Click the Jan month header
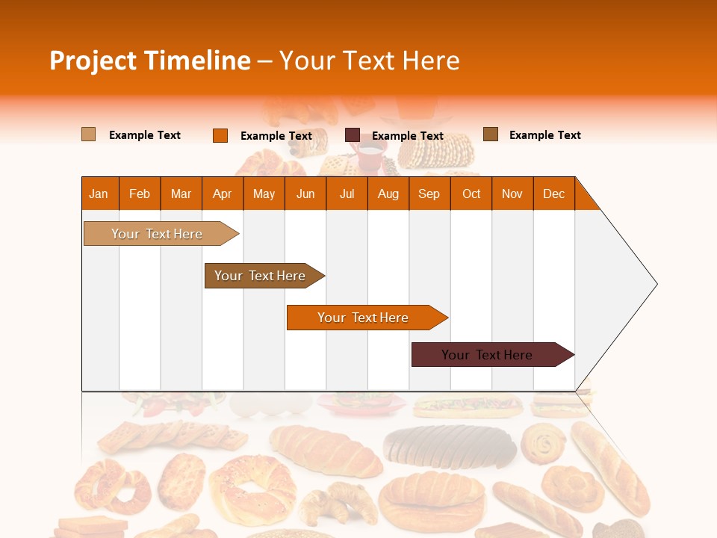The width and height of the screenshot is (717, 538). pos(99,194)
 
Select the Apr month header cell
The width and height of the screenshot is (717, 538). pos(222,194)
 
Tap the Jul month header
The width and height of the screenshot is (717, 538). pos(347,194)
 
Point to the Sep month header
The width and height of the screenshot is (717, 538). pos(429,194)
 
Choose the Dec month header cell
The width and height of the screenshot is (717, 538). pos(553,194)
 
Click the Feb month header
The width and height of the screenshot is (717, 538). pos(140,194)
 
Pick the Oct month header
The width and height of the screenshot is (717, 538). pos(471,194)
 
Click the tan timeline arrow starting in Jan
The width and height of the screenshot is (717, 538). pos(157,234)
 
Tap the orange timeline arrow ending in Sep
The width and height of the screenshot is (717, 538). pos(363,318)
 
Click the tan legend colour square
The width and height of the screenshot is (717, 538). pos(89,134)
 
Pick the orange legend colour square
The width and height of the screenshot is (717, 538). pos(220,135)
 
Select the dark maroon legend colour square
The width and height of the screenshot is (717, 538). pos(353,135)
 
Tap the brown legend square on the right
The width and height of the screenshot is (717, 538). pos(491,134)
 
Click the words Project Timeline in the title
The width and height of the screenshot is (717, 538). pos(149,61)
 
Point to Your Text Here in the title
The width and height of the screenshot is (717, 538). pos(369,61)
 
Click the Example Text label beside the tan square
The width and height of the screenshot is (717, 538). pos(145,135)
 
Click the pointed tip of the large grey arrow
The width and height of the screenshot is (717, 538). pos(654,284)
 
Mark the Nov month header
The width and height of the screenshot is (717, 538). pos(512,194)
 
